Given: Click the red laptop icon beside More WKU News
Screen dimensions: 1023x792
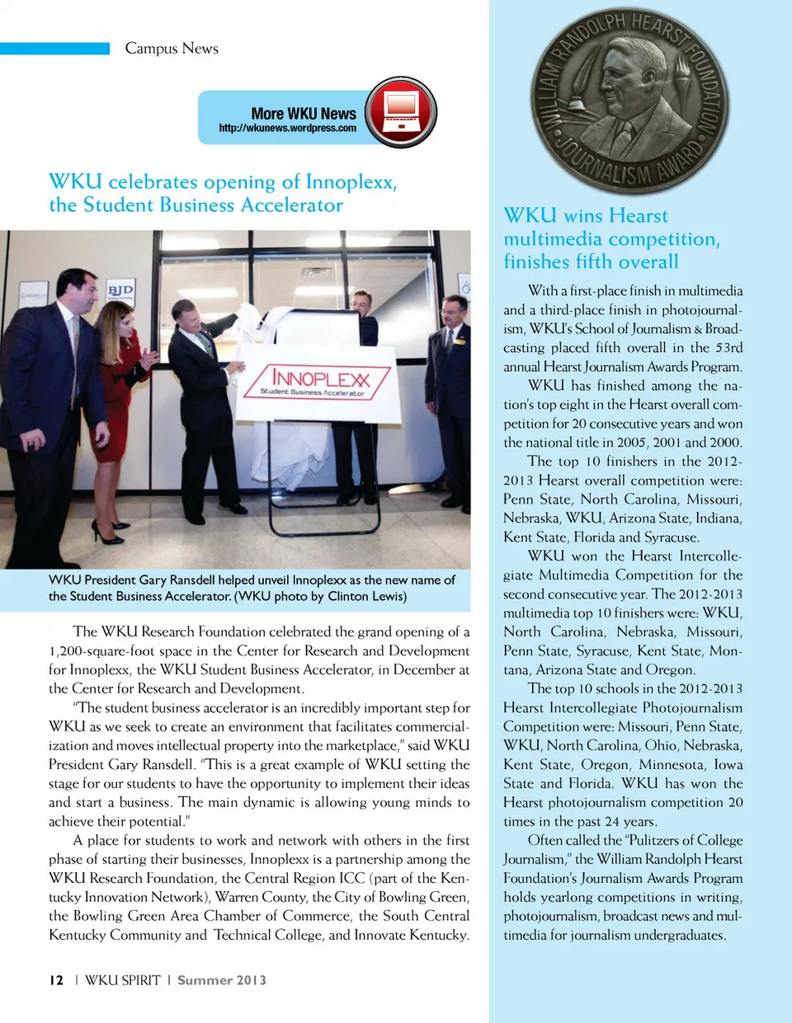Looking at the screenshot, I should click(x=401, y=112).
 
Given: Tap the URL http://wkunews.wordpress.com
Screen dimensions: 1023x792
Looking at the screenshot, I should click(x=287, y=129).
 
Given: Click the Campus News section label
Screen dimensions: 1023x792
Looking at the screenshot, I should click(x=172, y=49).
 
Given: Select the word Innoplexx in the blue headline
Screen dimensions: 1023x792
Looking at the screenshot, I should click(x=351, y=181).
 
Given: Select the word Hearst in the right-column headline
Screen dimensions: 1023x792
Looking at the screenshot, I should click(x=638, y=216).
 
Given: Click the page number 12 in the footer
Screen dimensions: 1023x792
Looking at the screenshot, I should click(x=56, y=980).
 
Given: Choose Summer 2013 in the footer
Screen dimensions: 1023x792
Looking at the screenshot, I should click(x=221, y=980).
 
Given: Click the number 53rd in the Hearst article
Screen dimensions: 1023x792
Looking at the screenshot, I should click(x=728, y=348).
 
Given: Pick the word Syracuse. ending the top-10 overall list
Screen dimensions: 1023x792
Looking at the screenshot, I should click(x=671, y=537).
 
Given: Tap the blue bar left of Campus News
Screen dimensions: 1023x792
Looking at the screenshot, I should click(x=54, y=49).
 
